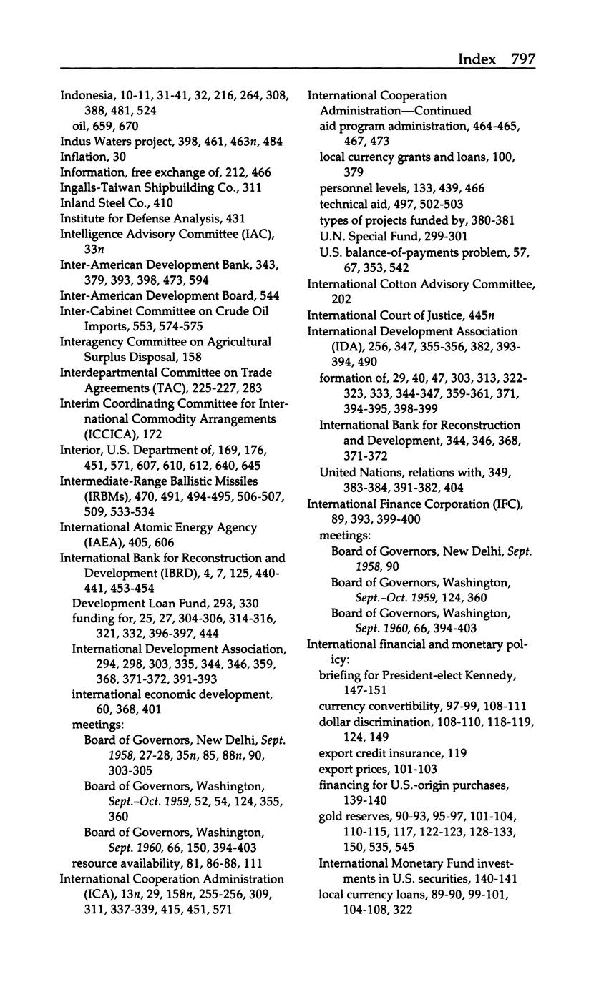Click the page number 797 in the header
pyautogui.click(x=523, y=59)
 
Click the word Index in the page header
pyautogui.click(x=477, y=59)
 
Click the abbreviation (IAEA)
pyautogui.click(x=84, y=543)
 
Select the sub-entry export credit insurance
pyautogui.click(x=381, y=753)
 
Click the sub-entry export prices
pyautogui.click(x=356, y=769)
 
